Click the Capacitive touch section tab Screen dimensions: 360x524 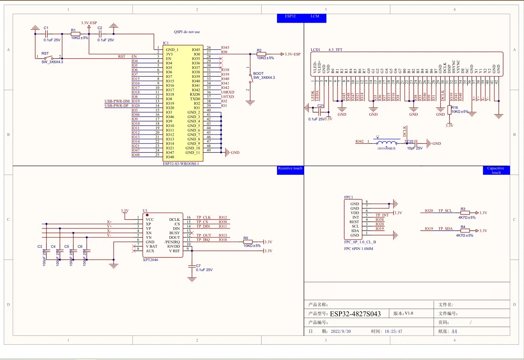(x=496, y=171)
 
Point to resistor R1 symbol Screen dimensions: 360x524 (x=75, y=34)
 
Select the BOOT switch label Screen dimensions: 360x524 (x=258, y=74)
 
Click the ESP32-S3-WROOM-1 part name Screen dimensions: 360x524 (x=181, y=164)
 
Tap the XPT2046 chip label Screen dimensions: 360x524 (x=150, y=260)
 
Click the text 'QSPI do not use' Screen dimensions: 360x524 (x=187, y=32)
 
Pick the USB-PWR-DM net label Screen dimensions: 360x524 (x=117, y=101)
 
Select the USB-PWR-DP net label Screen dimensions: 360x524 (x=117, y=106)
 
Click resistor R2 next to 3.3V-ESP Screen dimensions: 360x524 (x=261, y=54)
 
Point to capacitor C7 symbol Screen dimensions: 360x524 (x=192, y=266)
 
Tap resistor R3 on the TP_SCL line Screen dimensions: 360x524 (x=465, y=213)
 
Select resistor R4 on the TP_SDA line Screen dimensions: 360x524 (x=465, y=231)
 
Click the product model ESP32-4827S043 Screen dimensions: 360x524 (x=355, y=314)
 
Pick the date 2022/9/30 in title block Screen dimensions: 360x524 (x=341, y=332)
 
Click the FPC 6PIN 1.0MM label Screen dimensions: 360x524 (x=359, y=249)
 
